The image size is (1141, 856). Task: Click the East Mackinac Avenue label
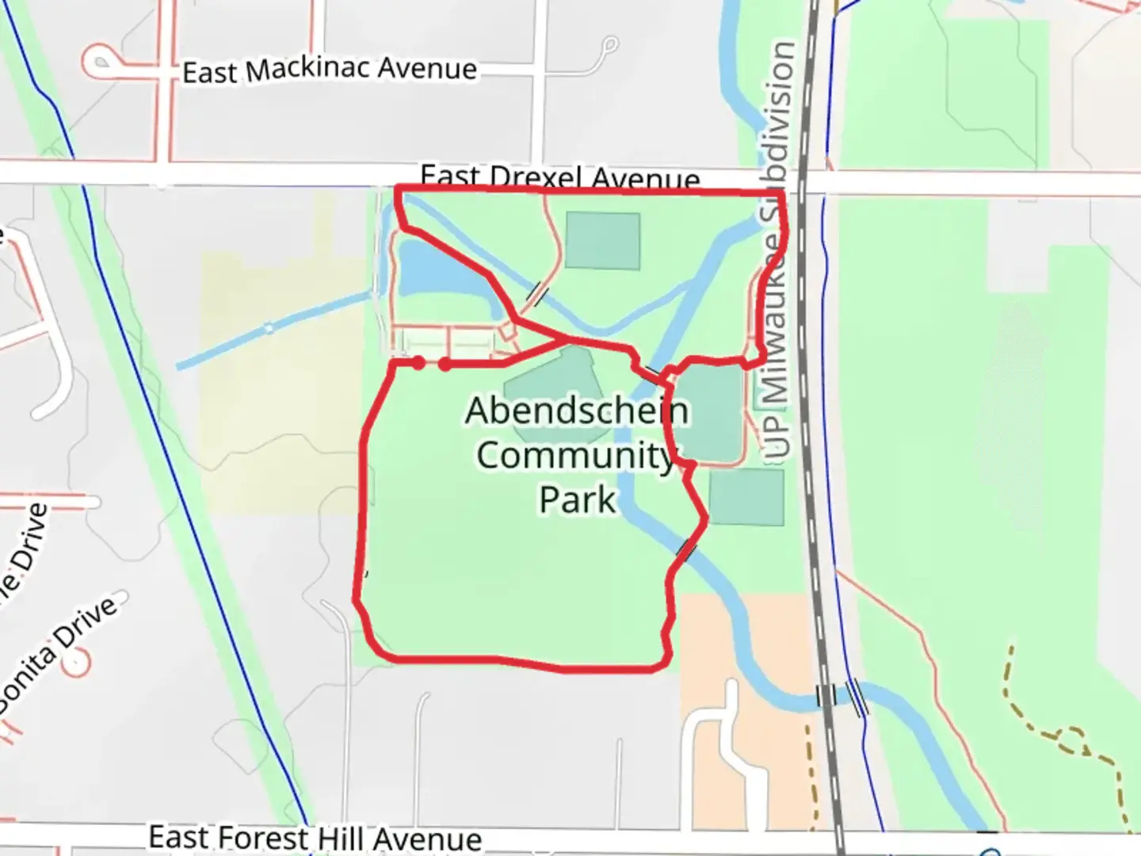(x=330, y=70)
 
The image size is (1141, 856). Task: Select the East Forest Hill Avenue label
(x=315, y=838)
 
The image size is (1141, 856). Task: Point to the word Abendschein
(x=577, y=411)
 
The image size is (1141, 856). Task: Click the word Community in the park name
(x=575, y=455)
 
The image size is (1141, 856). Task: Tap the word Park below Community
(x=577, y=499)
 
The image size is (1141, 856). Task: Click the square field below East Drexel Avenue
(x=603, y=240)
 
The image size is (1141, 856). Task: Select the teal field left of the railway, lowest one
(x=746, y=497)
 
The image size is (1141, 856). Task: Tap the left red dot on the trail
(x=418, y=363)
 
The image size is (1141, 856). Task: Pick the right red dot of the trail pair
(x=445, y=364)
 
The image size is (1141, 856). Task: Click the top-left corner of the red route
(x=397, y=188)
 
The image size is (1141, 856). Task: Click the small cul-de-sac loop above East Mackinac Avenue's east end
(x=609, y=44)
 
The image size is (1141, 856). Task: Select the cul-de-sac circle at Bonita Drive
(x=79, y=663)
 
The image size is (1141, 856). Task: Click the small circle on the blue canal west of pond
(x=268, y=328)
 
